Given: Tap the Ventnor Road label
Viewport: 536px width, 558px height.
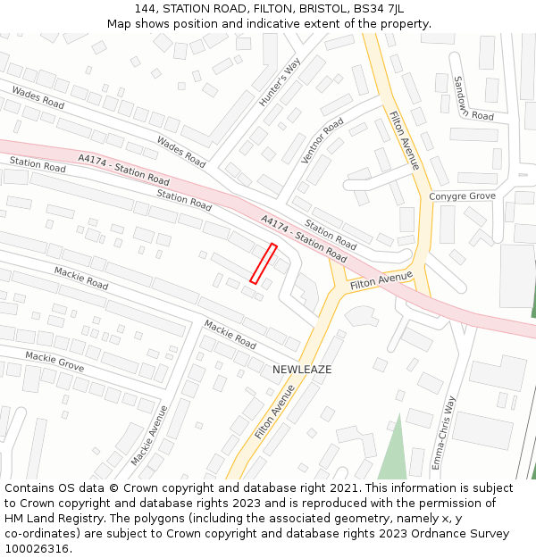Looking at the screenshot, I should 322,141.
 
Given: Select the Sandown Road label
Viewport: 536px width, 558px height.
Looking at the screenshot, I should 471,99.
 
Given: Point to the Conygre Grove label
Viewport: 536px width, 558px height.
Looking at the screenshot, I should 462,196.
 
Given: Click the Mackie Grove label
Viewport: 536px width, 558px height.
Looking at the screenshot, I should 54,362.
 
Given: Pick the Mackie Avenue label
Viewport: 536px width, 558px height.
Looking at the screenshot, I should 148,436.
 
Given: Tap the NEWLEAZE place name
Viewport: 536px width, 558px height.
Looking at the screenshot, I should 302,370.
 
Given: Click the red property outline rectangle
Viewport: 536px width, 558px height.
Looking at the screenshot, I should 263,263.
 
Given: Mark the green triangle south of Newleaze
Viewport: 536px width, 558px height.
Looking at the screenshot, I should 391,451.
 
